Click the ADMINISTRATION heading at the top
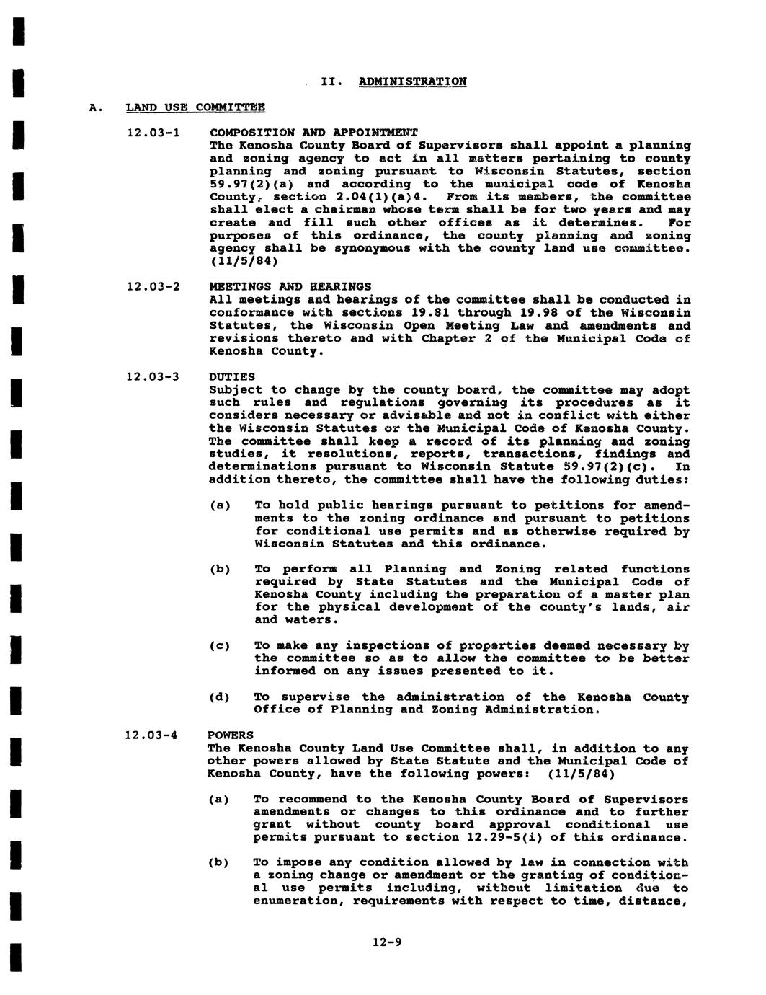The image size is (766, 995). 412,81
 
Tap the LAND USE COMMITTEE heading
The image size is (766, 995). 195,107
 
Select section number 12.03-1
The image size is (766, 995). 152,133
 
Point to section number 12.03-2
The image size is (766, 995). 152,287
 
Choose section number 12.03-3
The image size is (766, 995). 152,377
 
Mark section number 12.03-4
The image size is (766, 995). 152,735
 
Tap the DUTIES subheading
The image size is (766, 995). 232,377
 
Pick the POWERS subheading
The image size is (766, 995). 231,735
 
